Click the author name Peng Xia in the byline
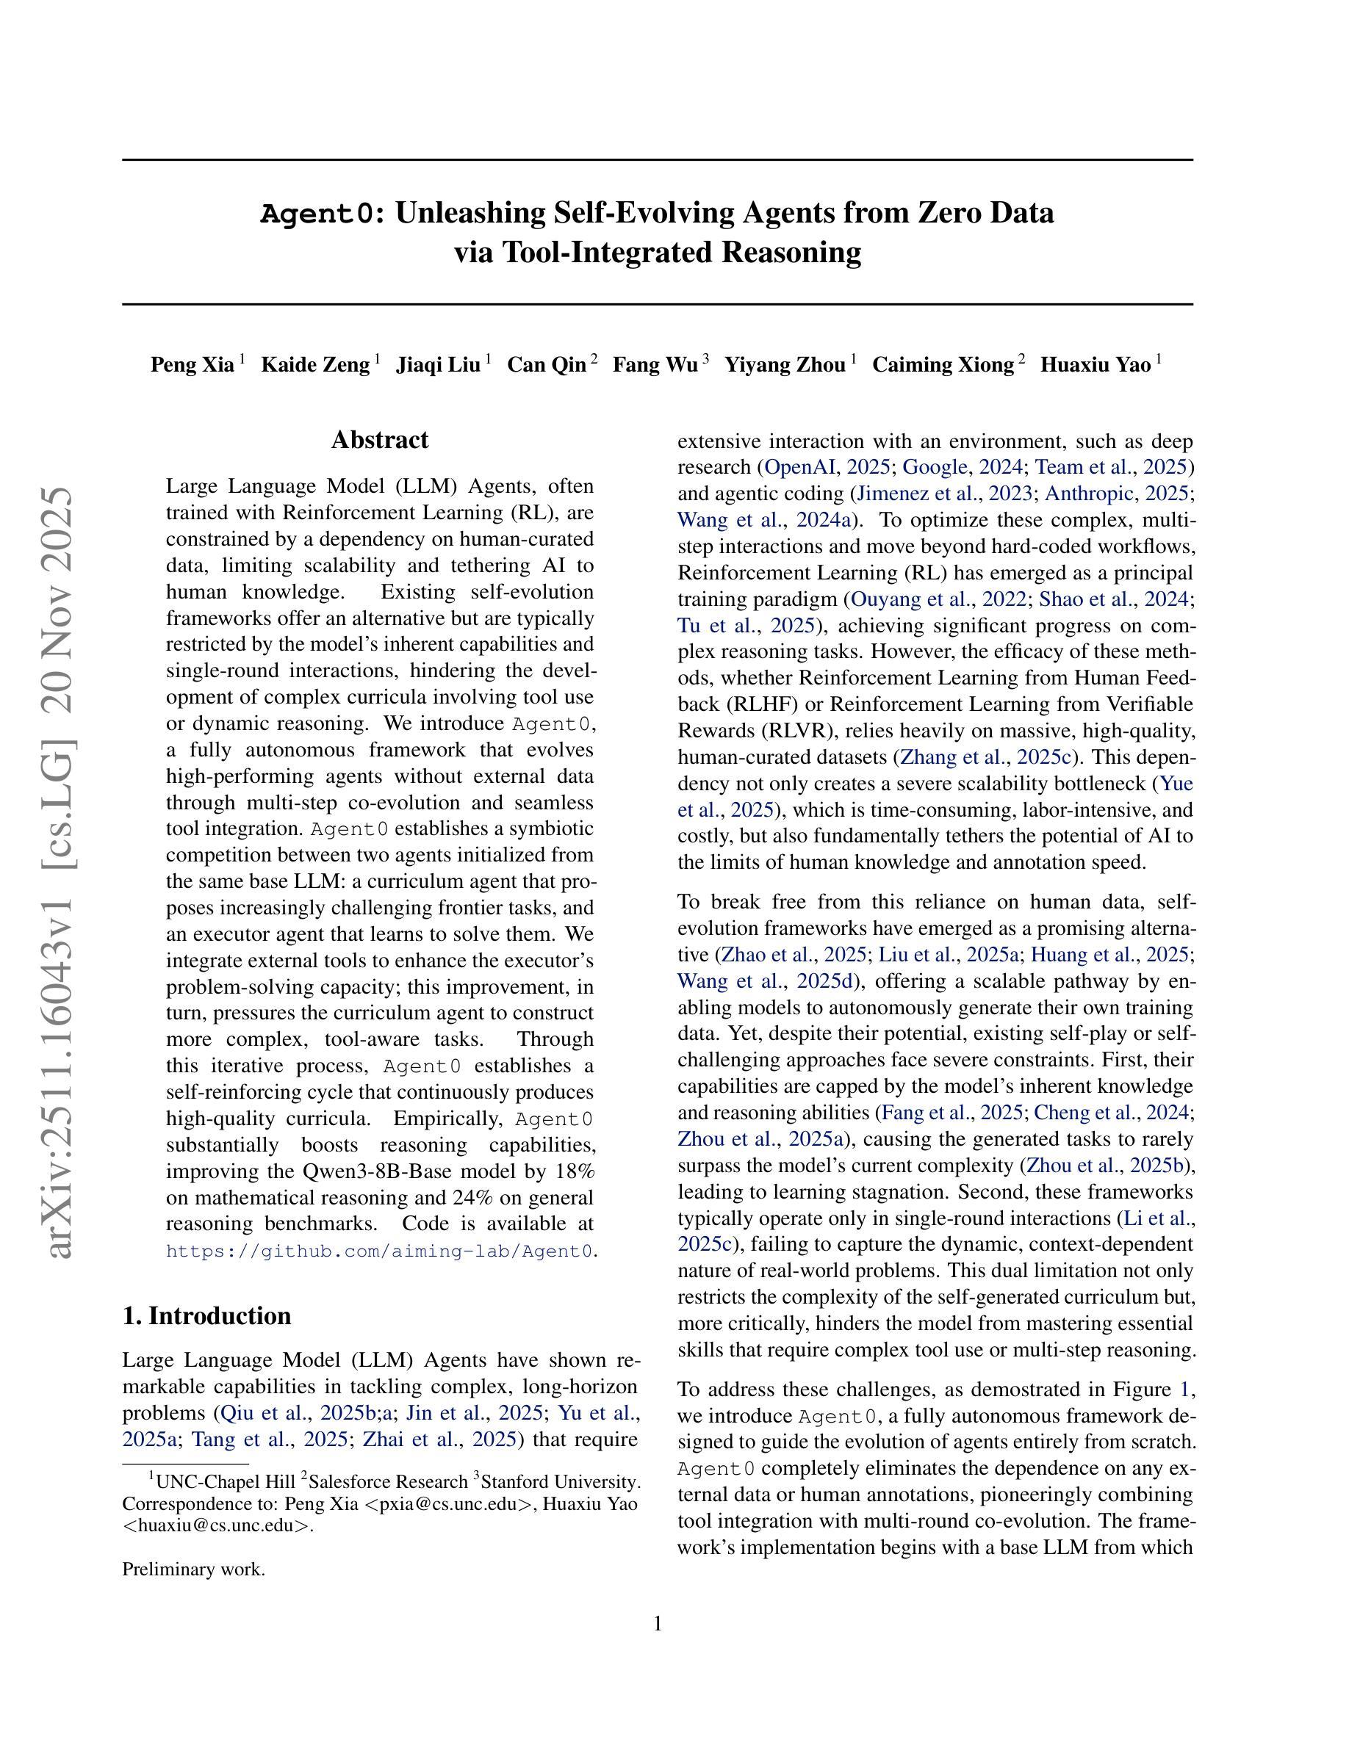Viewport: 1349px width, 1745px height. [x=192, y=365]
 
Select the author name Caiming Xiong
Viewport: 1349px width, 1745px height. [x=943, y=365]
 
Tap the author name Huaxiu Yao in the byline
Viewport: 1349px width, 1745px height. [x=1095, y=365]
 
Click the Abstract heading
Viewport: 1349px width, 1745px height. [x=380, y=440]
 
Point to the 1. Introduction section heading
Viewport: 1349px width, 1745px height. [x=207, y=1316]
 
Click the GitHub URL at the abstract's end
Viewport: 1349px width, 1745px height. [x=380, y=1251]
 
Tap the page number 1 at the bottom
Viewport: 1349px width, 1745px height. [x=658, y=1624]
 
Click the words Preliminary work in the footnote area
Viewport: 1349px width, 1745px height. [x=193, y=1569]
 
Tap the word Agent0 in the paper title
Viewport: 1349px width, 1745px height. [x=317, y=214]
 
